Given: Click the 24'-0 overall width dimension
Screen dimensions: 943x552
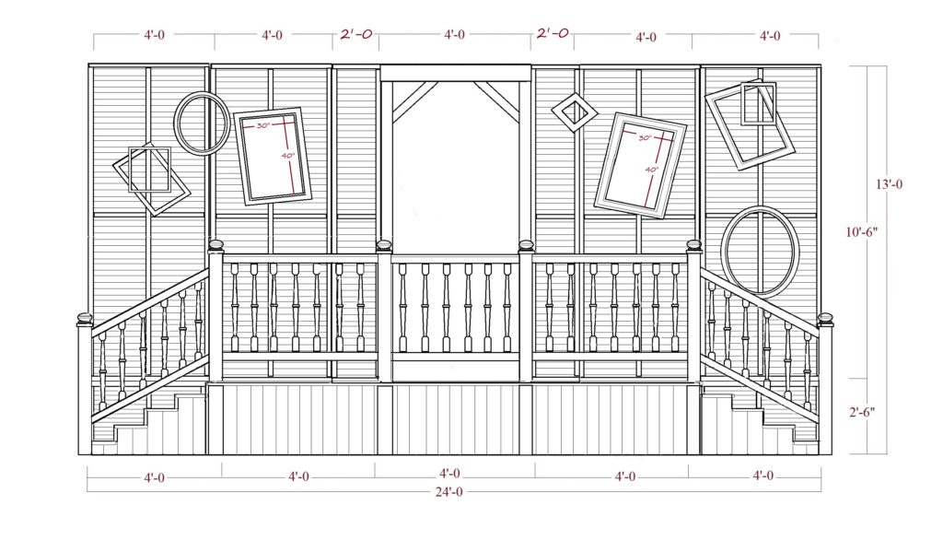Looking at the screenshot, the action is pos(449,492).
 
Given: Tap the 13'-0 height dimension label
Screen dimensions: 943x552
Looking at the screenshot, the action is pos(889,184).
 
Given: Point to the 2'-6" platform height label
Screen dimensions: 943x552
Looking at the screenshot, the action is pos(861,412).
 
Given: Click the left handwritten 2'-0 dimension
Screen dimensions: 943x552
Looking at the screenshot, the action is pos(356,34).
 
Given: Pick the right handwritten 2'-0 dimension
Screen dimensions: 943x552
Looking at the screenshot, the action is pos(553,33).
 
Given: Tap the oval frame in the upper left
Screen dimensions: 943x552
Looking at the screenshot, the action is pos(202,123).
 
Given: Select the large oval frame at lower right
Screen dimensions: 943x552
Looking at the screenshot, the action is pos(760,251).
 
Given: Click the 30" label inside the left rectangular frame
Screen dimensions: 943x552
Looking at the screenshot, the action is pos(262,126).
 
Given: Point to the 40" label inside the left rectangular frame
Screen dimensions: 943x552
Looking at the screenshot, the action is pos(288,156).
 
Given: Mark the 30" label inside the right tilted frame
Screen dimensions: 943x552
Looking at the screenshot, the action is pos(645,138).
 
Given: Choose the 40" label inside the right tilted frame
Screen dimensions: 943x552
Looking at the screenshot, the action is pos(652,170).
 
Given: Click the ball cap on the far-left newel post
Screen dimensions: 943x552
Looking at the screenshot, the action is pos(84,317).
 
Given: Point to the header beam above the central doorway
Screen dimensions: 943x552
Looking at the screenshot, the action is pos(456,73).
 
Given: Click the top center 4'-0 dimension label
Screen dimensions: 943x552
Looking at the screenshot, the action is pos(455,34).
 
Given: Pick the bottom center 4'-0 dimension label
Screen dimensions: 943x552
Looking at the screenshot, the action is pos(449,474).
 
